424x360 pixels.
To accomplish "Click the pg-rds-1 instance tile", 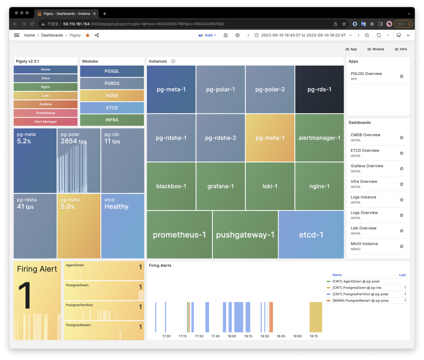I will pos(319,89).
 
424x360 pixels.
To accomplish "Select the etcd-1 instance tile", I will pos(311,235).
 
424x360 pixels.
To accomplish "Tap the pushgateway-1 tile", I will pos(245,235).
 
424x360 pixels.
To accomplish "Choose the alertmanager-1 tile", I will pos(319,138).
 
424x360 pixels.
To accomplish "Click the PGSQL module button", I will pos(112,71).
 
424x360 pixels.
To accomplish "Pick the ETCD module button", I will pos(112,108).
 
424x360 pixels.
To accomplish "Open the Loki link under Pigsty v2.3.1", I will pos(46,96).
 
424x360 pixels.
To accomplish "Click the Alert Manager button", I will pos(46,122).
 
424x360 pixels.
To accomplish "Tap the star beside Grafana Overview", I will pos(402,169).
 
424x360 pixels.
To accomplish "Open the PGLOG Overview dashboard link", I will pos(366,74).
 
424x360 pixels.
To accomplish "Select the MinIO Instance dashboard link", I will pos(364,244).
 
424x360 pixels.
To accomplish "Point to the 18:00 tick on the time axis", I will pos(232,336).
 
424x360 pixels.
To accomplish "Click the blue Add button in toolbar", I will pos(208,35).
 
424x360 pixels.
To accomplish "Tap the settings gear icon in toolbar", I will pos(238,35).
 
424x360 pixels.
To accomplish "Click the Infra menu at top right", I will pos(401,49).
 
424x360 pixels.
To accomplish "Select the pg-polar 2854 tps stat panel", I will pos(79,160).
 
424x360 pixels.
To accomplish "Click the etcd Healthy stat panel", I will pos(122,226).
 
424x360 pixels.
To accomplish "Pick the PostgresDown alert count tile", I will pos(104,291).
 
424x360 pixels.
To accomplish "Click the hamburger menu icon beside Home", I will pos(16,35).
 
